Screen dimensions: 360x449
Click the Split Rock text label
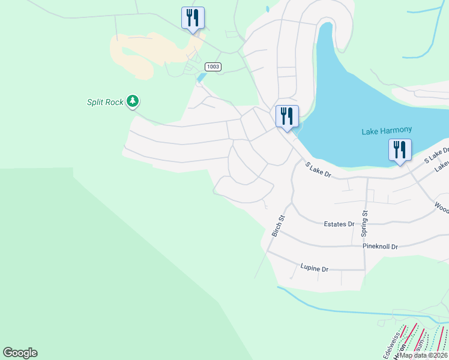[x=105, y=103]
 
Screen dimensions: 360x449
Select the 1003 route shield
[x=212, y=66]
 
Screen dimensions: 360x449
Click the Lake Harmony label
[x=385, y=131]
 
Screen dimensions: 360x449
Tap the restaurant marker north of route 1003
[x=193, y=17]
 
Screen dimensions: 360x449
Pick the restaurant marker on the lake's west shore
[x=287, y=116]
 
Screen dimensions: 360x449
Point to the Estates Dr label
[x=339, y=224]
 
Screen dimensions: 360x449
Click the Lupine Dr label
[x=314, y=268]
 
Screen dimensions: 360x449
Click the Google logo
[x=20, y=353]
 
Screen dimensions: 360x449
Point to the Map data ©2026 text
[x=424, y=355]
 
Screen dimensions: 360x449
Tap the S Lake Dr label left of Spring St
[x=318, y=169]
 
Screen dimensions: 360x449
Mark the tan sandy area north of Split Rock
[x=141, y=54]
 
